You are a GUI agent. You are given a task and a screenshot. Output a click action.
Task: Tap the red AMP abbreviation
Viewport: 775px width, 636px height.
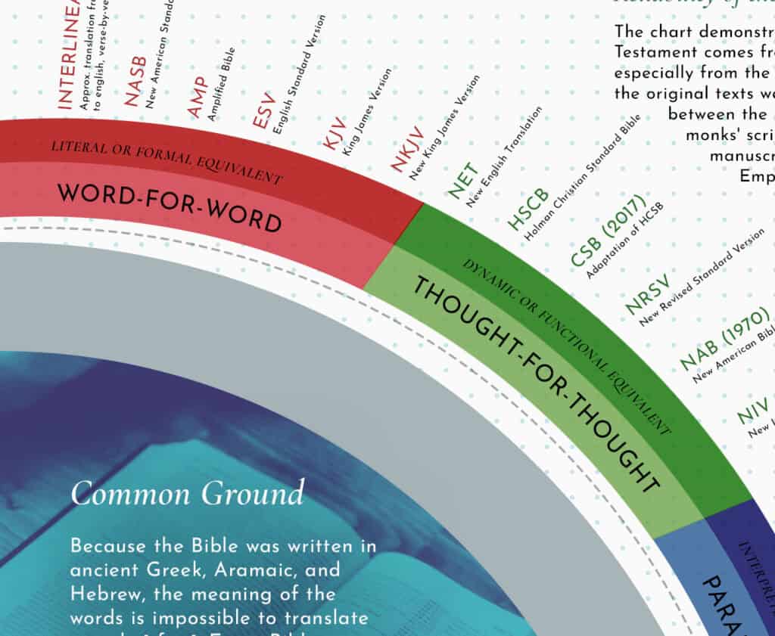(197, 97)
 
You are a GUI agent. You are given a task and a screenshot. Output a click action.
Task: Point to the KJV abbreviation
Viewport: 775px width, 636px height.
(334, 134)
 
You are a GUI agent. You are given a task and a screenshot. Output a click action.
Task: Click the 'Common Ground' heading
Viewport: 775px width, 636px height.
(188, 494)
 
